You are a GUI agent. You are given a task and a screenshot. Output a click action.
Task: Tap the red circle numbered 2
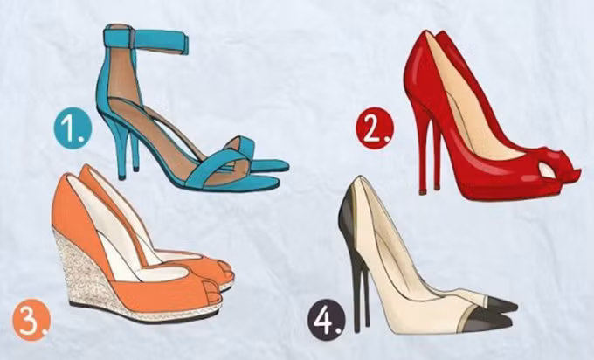375,128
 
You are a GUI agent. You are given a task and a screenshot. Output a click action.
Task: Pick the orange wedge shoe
142,246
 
